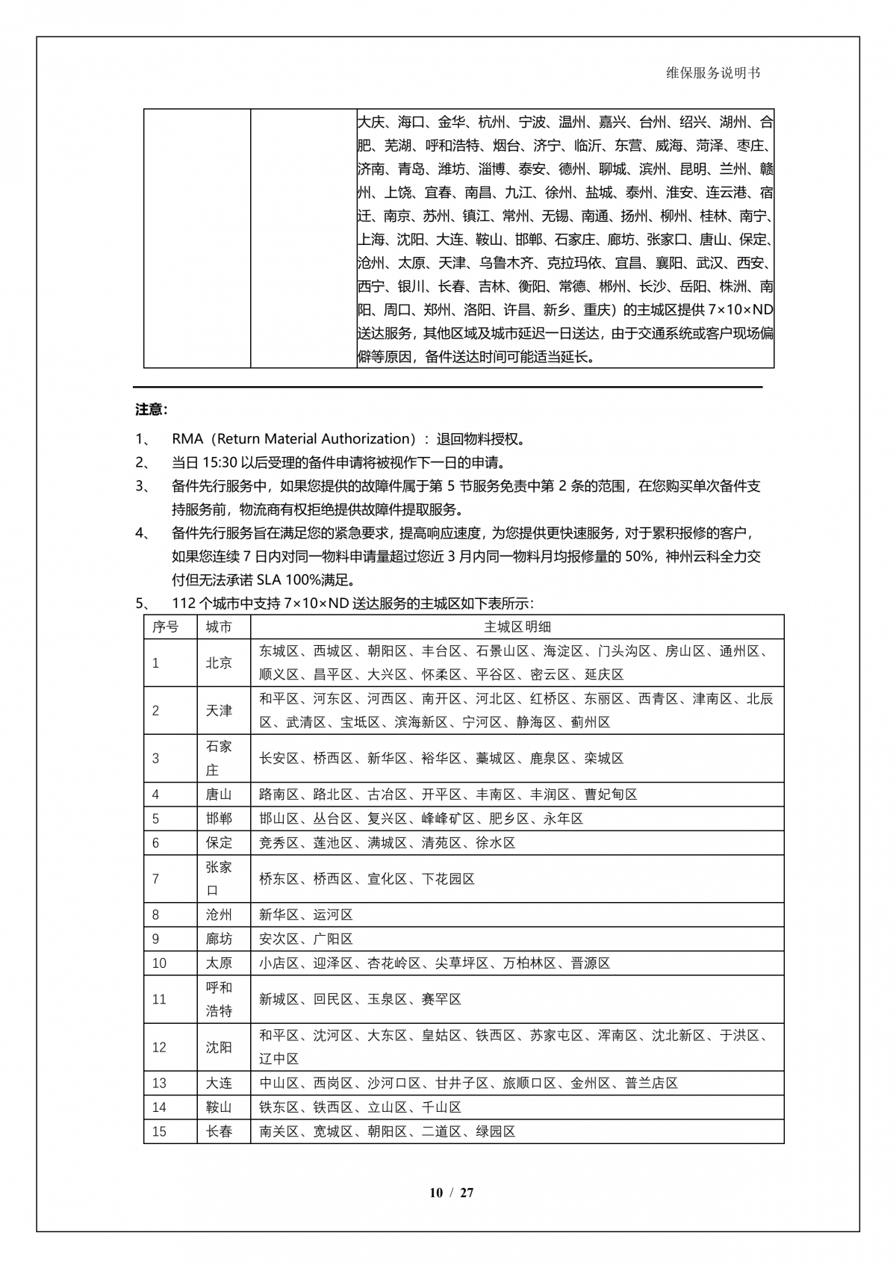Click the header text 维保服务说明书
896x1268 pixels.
tap(713, 73)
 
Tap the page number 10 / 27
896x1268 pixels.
tap(451, 1193)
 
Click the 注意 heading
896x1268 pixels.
tap(151, 409)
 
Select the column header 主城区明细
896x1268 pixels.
tap(517, 627)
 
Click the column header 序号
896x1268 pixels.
tap(166, 627)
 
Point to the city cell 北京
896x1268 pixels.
tap(219, 662)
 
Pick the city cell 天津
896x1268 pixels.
tap(219, 710)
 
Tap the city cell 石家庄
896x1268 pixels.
tap(219, 758)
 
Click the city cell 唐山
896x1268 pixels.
tap(219, 795)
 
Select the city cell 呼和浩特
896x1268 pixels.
tap(219, 999)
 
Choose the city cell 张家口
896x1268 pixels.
tap(219, 879)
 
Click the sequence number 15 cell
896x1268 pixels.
tap(159, 1131)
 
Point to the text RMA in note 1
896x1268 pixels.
tap(187, 439)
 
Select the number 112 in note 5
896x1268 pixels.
tap(184, 603)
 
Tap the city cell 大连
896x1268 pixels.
tap(219, 1084)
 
